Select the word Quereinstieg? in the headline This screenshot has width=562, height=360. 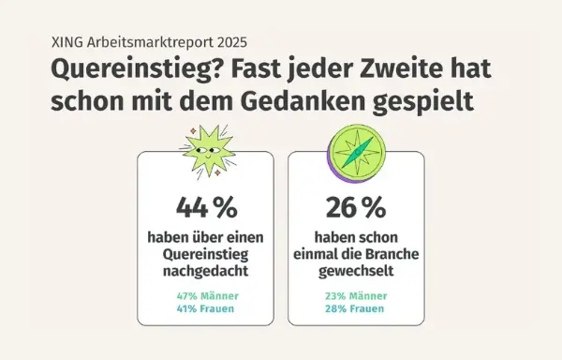pyautogui.click(x=122, y=70)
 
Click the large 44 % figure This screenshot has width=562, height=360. pyautogui.click(x=205, y=205)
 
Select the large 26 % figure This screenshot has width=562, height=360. pyautogui.click(x=355, y=205)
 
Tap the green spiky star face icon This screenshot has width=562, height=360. pyautogui.click(x=205, y=151)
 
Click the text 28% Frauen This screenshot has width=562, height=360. pyautogui.click(x=355, y=308)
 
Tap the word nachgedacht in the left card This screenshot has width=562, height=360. pyautogui.click(x=205, y=272)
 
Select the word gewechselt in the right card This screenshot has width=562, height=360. pyautogui.click(x=355, y=272)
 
